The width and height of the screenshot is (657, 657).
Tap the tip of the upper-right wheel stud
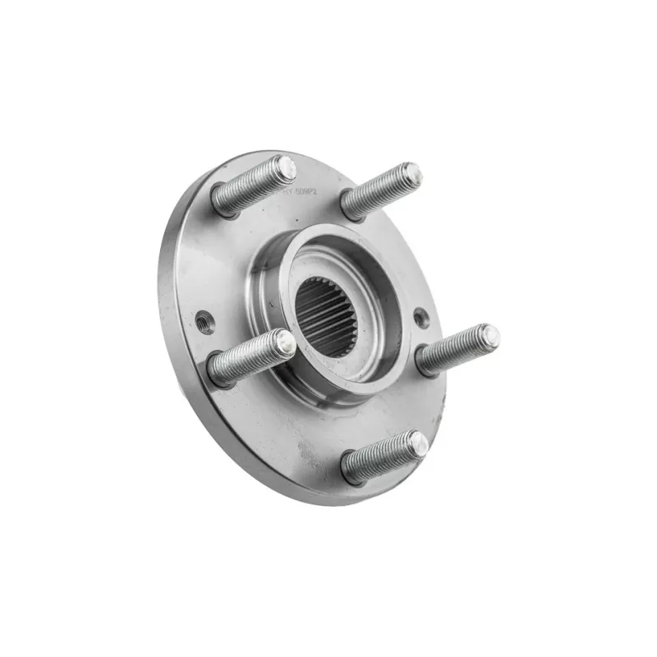pyautogui.click(x=411, y=173)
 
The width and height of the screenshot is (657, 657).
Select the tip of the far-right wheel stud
pyautogui.click(x=489, y=334)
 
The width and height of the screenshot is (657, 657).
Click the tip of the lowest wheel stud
pyautogui.click(x=419, y=444)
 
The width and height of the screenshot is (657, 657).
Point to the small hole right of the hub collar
pyautogui.click(x=420, y=318)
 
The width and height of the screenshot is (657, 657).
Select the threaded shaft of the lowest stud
pyautogui.click(x=385, y=457)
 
